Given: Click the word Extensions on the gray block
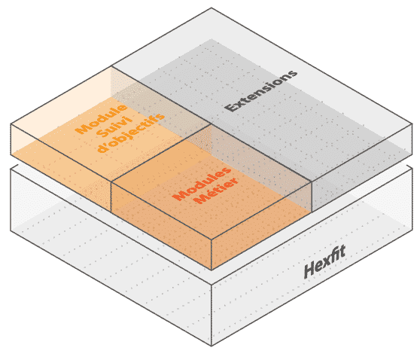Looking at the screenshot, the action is [261, 90].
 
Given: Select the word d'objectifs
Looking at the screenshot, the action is [131, 133].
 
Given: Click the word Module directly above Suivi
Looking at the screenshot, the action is [101, 118].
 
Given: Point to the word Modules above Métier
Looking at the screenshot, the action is [202, 184].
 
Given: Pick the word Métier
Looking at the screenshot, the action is [217, 191].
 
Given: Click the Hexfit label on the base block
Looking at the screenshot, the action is [324, 261].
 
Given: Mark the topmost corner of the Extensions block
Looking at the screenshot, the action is [212, 8].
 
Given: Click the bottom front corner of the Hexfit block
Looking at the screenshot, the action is [212, 346].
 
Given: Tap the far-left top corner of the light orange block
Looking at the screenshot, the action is [11, 124].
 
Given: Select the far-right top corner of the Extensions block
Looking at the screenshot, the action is [412, 124].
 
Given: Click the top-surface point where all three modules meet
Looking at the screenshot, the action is [212, 124].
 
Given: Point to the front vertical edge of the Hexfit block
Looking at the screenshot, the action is [212, 316].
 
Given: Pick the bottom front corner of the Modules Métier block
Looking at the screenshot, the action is [212, 270].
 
